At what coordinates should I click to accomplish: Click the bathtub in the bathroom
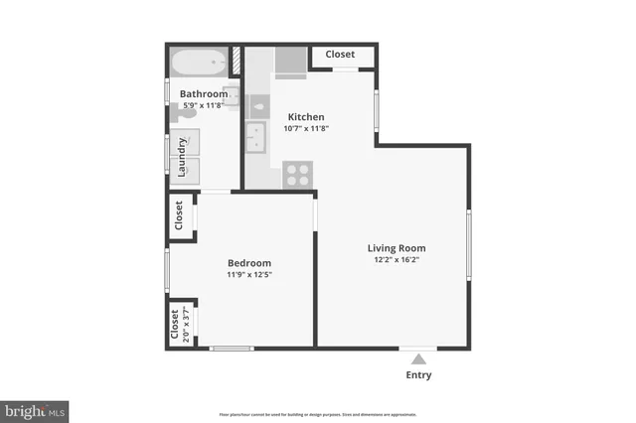pyautogui.click(x=198, y=65)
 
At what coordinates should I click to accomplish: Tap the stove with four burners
pyautogui.click(x=297, y=174)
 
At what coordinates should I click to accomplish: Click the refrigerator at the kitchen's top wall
pyautogui.click(x=290, y=62)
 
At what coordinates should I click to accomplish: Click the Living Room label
pyautogui.click(x=397, y=248)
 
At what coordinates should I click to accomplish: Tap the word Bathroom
pyautogui.click(x=203, y=94)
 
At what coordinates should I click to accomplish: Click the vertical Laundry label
pyautogui.click(x=183, y=157)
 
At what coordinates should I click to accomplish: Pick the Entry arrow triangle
pyautogui.click(x=419, y=358)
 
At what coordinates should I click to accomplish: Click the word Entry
pyautogui.click(x=419, y=375)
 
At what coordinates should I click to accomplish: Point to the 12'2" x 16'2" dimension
pyautogui.click(x=397, y=261)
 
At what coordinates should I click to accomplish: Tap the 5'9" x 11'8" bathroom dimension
pyautogui.click(x=203, y=106)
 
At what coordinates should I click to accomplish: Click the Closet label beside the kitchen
pyautogui.click(x=341, y=55)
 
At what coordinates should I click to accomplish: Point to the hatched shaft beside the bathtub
pyautogui.click(x=238, y=60)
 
